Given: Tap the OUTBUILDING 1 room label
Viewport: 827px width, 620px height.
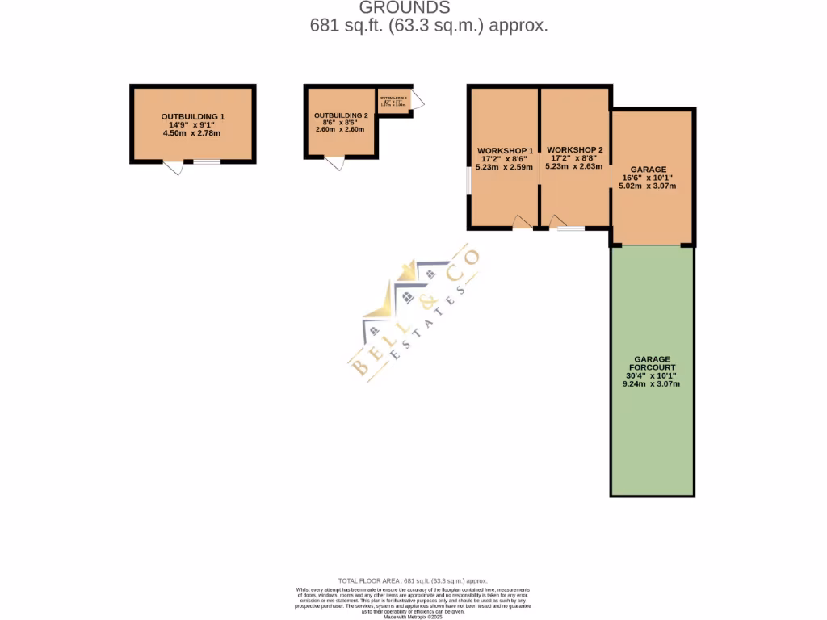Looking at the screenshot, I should click(192, 117).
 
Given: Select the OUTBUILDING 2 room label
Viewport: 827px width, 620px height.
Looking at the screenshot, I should click(341, 116).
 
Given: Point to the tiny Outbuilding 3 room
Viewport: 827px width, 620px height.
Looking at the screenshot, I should click(394, 101).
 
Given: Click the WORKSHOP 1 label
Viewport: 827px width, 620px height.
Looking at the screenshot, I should click(505, 151).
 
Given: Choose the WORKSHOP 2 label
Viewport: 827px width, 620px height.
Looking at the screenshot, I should click(574, 150).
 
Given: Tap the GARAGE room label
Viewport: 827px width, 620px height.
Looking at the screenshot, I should click(649, 170).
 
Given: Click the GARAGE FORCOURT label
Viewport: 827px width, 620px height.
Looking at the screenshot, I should click(653, 362).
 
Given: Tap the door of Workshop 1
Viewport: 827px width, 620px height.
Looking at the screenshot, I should click(523, 223).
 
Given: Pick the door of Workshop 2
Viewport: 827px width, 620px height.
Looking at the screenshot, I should click(557, 223).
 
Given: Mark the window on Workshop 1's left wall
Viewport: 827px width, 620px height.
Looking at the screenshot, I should click(469, 181).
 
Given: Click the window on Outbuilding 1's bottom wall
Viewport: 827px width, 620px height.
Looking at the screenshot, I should click(207, 162).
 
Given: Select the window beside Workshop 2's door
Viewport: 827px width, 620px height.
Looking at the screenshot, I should click(573, 229).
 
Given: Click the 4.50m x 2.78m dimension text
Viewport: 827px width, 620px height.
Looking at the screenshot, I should click(192, 133).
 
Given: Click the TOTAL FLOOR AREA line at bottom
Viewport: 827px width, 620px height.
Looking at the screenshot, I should click(413, 580).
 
